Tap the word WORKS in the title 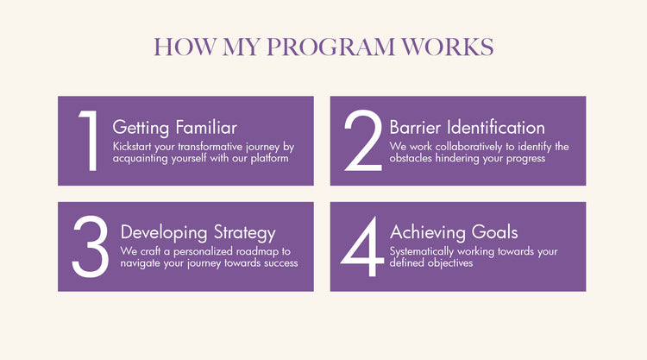447,47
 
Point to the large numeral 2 363,141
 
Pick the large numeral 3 91,246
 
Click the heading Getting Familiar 174,128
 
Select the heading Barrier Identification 467,128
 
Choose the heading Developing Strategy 198,233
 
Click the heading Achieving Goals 454,232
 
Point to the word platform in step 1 269,159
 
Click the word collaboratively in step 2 468,147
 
